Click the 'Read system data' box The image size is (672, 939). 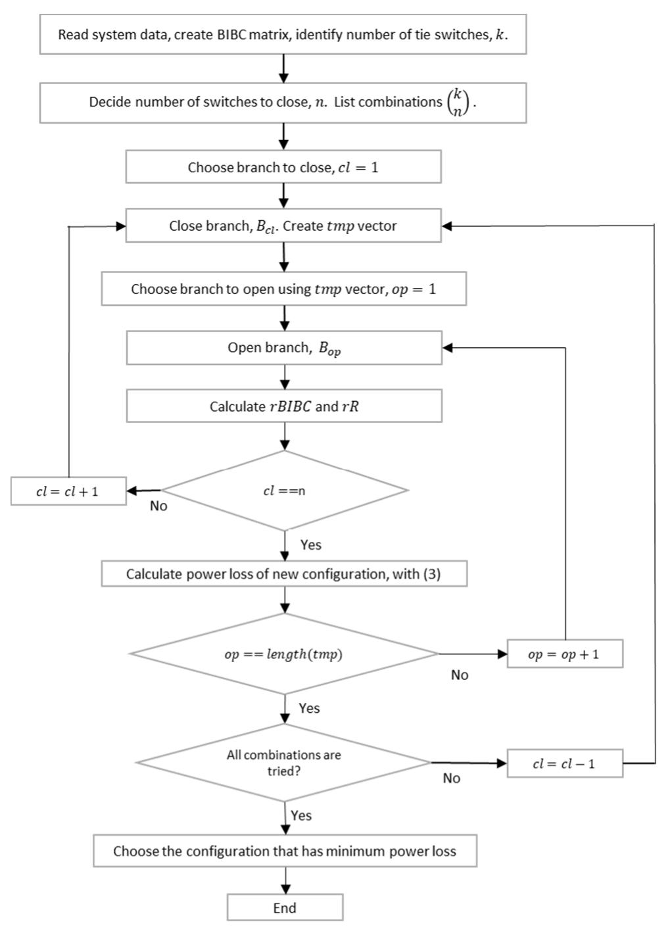pos(283,35)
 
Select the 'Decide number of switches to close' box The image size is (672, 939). pos(283,103)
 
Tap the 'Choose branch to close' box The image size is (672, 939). pos(283,167)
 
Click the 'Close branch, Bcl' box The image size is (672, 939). pos(283,226)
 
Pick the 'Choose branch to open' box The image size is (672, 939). pos(283,289)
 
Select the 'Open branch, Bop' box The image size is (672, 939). pos(283,348)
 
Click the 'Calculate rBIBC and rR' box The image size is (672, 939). pos(283,406)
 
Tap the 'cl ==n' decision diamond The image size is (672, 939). pos(284,491)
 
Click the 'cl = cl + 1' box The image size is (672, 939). pos(68,491)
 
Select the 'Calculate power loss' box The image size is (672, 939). pos(283,573)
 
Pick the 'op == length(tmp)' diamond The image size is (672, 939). pos(284,654)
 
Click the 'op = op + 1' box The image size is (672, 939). pos(564,654)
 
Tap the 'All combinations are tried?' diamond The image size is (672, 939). pos(284,763)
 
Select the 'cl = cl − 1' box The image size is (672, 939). pos(564,763)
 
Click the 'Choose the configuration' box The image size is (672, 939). pos(284,851)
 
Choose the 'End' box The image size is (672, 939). pos(285,907)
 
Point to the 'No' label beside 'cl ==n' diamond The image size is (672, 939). pos(158,506)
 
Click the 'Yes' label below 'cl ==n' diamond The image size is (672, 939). pos(310,544)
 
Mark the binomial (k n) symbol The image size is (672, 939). pos(458,103)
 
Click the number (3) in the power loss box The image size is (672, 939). pos(432,573)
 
